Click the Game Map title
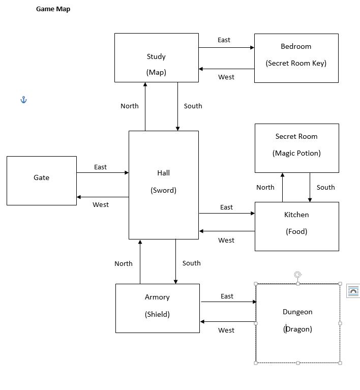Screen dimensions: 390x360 coord(53,9)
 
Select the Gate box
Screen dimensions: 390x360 coord(42,181)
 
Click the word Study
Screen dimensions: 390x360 coord(156,56)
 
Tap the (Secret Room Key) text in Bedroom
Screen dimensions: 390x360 coord(296,63)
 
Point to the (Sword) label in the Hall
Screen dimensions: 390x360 coord(163,190)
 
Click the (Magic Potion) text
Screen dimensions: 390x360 coord(296,153)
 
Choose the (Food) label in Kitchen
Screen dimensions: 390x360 coord(296,231)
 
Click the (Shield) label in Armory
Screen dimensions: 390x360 coord(157,314)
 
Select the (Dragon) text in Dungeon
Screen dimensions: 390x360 coord(297,329)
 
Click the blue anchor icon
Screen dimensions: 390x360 coord(23,100)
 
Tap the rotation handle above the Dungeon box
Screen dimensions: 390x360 coord(298,275)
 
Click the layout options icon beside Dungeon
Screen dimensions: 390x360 coord(353,291)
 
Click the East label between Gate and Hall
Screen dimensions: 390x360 coord(100,167)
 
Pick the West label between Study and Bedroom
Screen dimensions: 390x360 coord(226,77)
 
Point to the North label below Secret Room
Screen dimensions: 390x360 coord(265,187)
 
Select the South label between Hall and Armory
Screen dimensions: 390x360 coord(191,263)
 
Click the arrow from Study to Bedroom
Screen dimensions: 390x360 coord(226,47)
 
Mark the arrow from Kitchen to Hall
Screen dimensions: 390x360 coord(227,231)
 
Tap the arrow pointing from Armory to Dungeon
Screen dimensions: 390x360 coord(228,302)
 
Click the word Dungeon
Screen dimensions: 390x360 coord(297,312)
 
